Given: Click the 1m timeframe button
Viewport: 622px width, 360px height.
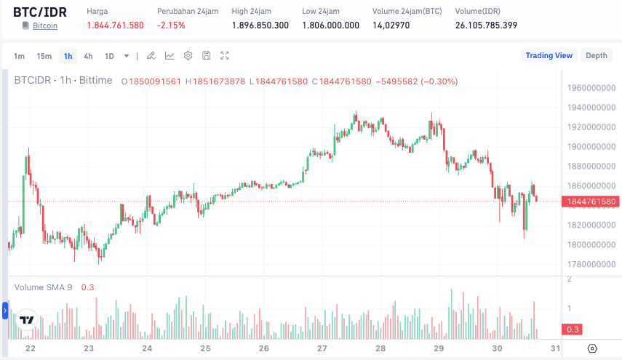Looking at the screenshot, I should click(x=19, y=56).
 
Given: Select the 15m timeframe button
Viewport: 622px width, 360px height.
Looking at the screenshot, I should click(x=44, y=56).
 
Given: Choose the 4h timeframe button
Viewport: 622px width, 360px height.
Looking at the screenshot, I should click(x=88, y=56).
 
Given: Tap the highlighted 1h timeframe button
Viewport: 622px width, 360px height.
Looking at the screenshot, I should click(x=68, y=56).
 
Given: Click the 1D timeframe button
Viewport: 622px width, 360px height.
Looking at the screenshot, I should click(x=109, y=56).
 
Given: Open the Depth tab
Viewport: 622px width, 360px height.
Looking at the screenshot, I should click(x=597, y=55).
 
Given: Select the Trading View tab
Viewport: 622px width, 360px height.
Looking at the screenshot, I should click(x=549, y=55).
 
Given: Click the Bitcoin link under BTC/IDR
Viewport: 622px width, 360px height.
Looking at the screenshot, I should click(x=45, y=25).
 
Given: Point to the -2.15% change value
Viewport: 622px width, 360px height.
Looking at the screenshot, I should click(x=171, y=25).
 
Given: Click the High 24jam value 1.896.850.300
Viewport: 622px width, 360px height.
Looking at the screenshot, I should click(x=260, y=25).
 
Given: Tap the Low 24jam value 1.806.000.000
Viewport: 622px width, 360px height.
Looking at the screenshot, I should click(x=330, y=25).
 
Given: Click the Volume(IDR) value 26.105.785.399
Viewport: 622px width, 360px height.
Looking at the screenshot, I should click(x=486, y=25).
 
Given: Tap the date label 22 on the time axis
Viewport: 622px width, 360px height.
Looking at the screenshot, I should click(x=31, y=348).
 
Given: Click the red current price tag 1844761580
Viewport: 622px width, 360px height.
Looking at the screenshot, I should click(x=589, y=201).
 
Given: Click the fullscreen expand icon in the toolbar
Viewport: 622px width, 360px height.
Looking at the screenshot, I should click(x=225, y=56).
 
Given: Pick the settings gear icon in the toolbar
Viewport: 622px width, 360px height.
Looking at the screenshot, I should click(x=188, y=56).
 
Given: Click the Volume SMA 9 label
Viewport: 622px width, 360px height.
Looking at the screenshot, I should click(x=43, y=287).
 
